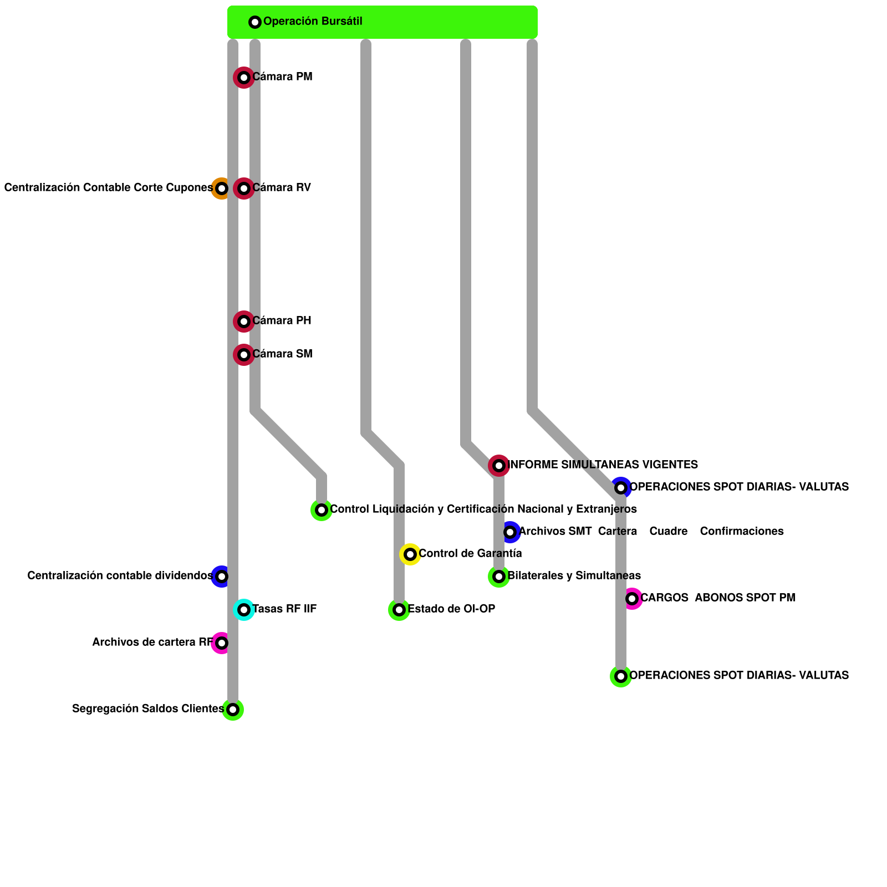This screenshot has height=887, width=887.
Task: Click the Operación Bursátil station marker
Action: point(255,22)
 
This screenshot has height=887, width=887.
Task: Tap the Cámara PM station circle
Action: point(244,78)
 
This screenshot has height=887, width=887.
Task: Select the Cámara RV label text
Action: point(282,188)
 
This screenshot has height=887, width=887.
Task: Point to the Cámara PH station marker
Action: point(244,322)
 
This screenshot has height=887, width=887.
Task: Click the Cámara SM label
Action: point(282,354)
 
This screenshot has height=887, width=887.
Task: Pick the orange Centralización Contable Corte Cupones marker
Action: point(222,188)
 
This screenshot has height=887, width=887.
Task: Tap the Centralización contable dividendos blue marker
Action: point(222,577)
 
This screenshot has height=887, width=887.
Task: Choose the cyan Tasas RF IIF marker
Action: point(244,610)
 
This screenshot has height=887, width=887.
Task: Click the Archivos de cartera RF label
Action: point(152,643)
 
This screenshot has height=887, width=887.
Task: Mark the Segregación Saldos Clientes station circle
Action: point(233,710)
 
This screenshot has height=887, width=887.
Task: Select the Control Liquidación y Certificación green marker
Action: point(322,510)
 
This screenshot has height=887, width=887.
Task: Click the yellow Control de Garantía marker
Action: point(410,554)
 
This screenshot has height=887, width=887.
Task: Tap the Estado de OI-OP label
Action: point(451,609)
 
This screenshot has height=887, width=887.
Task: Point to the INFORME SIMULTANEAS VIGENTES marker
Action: point(499,466)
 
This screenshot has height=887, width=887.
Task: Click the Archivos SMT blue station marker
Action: point(510,532)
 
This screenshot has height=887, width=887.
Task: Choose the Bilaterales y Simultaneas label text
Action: point(574,576)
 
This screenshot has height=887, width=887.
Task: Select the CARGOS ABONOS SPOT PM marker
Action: point(632,599)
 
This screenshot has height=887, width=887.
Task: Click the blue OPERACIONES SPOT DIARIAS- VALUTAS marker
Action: point(621,488)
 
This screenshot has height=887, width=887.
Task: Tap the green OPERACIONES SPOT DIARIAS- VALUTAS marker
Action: point(621,676)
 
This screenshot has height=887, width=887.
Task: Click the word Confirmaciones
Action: point(742,532)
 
